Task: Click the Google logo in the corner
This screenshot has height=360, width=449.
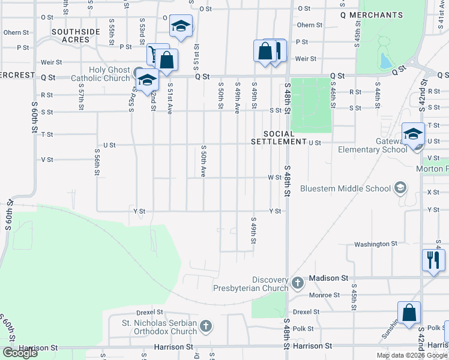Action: pos(20,353)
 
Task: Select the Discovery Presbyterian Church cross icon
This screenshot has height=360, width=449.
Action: pos(297,282)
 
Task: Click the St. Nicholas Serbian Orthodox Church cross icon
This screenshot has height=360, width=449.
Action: pos(205,326)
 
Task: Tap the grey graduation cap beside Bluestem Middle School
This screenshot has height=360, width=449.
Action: pos(399,188)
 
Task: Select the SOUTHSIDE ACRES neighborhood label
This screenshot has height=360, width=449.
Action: pos(79,35)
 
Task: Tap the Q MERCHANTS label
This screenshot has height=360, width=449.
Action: pos(371,14)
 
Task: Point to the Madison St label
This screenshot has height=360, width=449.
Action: pos(328,278)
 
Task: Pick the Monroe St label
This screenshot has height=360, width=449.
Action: pos(324,295)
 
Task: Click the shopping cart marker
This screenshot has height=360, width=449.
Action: pos(157,54)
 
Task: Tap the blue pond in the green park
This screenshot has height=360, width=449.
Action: pos(385,61)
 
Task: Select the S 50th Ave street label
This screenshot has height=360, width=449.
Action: pos(203,161)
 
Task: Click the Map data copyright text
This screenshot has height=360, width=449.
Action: pos(412,355)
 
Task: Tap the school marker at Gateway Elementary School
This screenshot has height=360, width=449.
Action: pos(413,134)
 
